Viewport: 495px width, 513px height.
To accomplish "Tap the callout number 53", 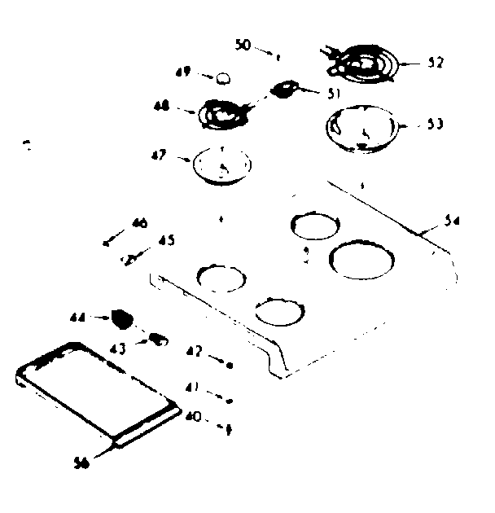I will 435,125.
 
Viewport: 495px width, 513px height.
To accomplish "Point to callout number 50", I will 243,45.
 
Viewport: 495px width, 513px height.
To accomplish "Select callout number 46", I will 139,222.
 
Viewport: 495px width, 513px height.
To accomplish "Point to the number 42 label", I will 192,353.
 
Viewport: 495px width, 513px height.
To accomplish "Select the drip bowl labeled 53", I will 361,129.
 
